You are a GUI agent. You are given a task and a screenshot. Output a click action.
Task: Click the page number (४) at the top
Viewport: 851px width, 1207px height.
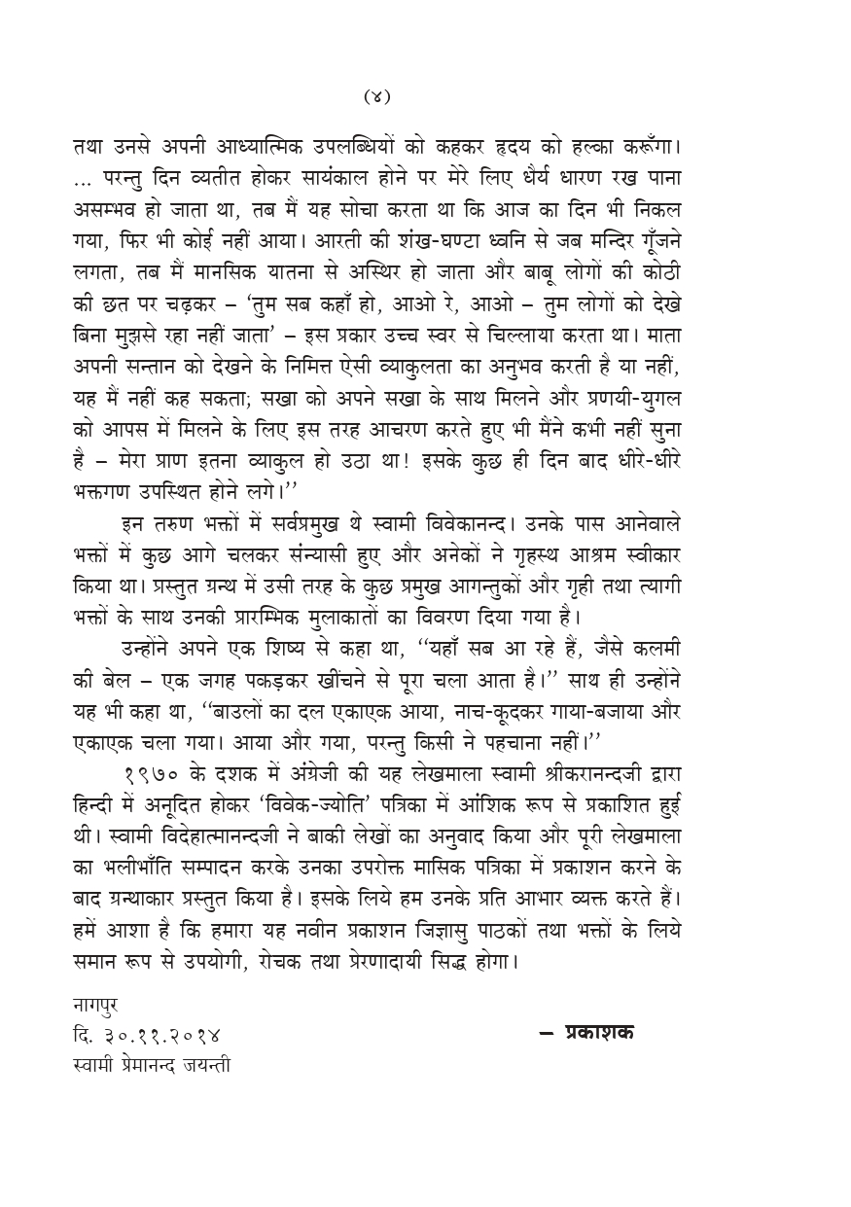pyautogui.click(x=377, y=96)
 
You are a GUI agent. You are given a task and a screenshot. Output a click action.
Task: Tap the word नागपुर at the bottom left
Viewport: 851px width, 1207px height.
pyautogui.click(x=95, y=1002)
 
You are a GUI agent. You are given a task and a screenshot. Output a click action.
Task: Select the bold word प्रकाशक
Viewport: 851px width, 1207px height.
pyautogui.click(x=599, y=1032)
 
